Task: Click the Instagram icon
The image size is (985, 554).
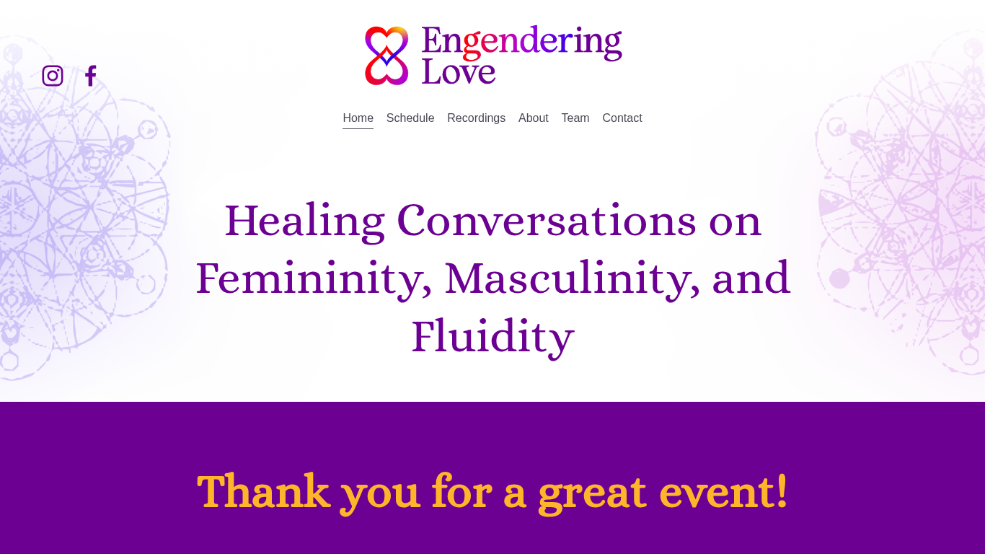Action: (x=53, y=76)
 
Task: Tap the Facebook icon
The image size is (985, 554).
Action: (x=90, y=76)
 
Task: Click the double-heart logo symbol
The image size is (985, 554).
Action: (x=387, y=56)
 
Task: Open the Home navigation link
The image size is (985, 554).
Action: (x=358, y=118)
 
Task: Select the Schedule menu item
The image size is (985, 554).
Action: (x=410, y=118)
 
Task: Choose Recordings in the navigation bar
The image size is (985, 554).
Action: (x=476, y=118)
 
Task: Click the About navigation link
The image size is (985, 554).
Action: (x=534, y=118)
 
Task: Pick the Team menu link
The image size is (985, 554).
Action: (x=575, y=118)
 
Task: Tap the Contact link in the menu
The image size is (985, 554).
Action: (x=622, y=118)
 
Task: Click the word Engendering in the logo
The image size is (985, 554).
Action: (x=521, y=41)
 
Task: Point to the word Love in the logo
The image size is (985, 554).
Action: (x=459, y=71)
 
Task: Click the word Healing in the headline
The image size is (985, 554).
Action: (x=304, y=221)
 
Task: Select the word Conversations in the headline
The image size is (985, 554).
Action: (x=546, y=221)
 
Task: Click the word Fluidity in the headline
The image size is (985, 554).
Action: (x=492, y=337)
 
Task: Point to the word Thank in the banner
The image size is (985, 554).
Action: (x=263, y=492)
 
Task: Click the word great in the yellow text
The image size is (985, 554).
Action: (x=592, y=492)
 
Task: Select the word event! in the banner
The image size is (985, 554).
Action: (x=724, y=492)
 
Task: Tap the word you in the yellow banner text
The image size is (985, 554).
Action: (x=380, y=492)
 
